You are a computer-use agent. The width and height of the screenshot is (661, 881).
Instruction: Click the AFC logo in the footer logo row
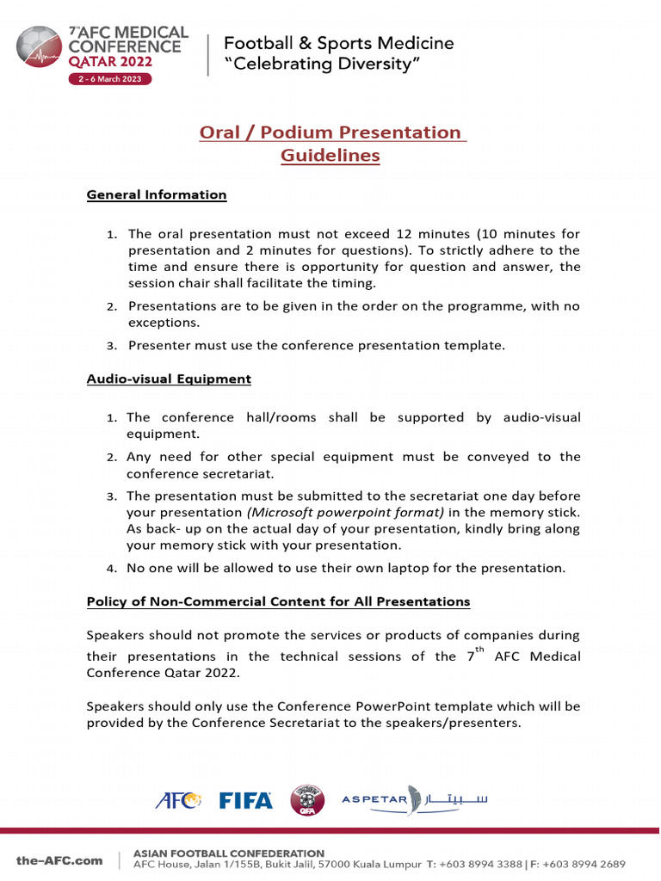pos(178,800)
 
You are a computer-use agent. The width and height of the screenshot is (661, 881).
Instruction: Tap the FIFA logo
pos(245,800)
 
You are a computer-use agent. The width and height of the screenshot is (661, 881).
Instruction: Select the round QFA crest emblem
pos(307,799)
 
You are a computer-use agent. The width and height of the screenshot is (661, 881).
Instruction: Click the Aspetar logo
pos(415,799)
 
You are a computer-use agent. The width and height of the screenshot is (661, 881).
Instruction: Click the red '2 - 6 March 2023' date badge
pos(109,78)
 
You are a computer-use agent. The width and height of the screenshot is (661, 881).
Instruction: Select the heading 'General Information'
pos(157,194)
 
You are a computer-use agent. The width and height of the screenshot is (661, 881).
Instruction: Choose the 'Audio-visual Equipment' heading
pos(169,379)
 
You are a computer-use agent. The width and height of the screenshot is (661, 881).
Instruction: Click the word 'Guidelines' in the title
pos(330,156)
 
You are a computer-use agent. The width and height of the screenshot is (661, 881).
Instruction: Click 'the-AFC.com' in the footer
pos(59,860)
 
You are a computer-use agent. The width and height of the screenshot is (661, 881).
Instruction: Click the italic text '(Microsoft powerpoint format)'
pos(346,512)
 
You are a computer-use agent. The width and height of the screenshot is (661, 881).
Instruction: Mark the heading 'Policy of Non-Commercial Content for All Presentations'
pos(278,601)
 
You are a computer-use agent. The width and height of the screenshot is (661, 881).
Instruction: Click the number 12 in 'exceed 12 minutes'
pos(404,234)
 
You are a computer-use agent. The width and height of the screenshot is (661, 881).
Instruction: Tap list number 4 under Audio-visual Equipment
pos(111,569)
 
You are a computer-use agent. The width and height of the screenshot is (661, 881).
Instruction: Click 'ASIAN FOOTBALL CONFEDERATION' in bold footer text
pos(229,853)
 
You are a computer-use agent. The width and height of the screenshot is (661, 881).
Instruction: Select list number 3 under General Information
pos(111,346)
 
